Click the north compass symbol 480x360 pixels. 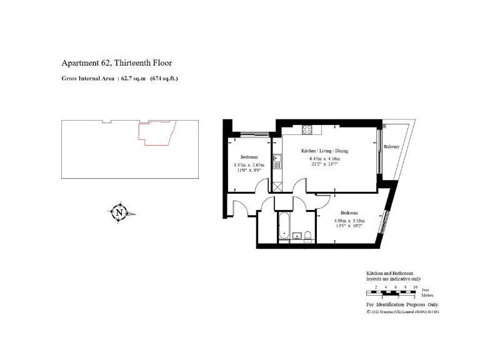119,212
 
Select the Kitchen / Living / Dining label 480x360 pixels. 324,151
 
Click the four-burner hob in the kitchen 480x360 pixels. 307,130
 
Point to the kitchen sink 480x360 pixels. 277,159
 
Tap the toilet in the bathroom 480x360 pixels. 307,235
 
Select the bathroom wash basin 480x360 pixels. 297,236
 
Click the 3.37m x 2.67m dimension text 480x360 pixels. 249,165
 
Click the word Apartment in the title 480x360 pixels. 78,63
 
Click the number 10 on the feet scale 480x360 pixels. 415,286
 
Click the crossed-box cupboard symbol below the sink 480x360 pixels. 277,186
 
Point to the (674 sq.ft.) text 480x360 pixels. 164,79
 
